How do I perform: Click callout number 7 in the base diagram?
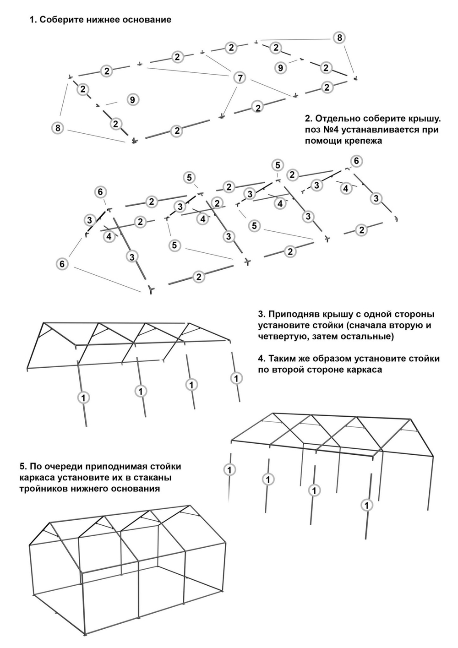coord(240,78)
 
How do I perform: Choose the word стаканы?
coord(153,478)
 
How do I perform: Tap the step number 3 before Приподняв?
coord(261,315)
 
